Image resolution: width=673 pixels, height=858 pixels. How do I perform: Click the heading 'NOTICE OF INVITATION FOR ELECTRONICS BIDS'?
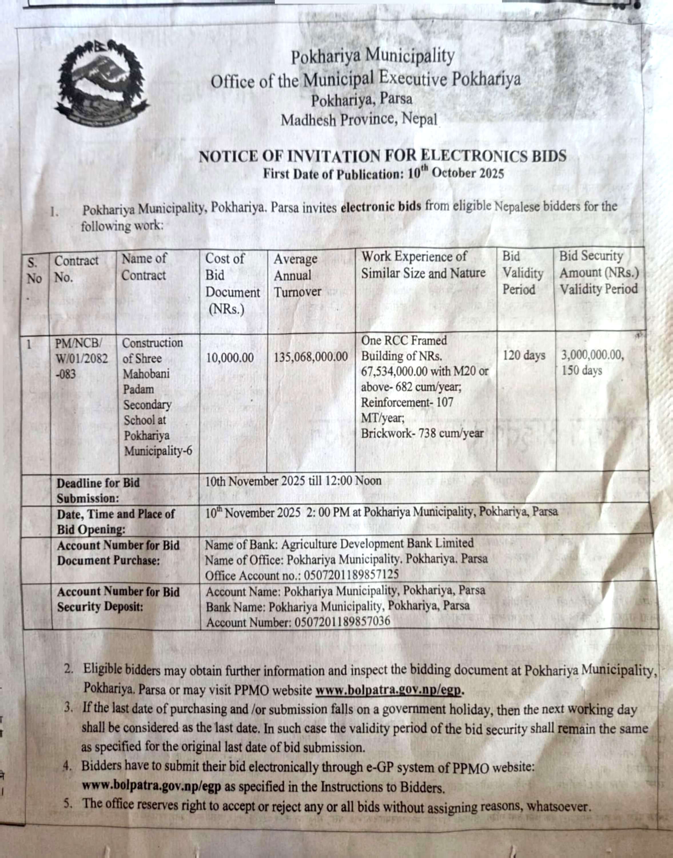click(382, 156)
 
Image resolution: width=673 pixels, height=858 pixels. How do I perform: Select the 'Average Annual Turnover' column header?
click(298, 275)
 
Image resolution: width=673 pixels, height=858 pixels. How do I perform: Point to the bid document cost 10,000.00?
click(230, 358)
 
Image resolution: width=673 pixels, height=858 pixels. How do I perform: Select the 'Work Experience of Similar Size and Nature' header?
click(423, 265)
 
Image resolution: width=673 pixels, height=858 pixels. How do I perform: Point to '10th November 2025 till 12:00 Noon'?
click(293, 481)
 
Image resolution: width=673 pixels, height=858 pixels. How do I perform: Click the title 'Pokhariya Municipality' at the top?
click(373, 56)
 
